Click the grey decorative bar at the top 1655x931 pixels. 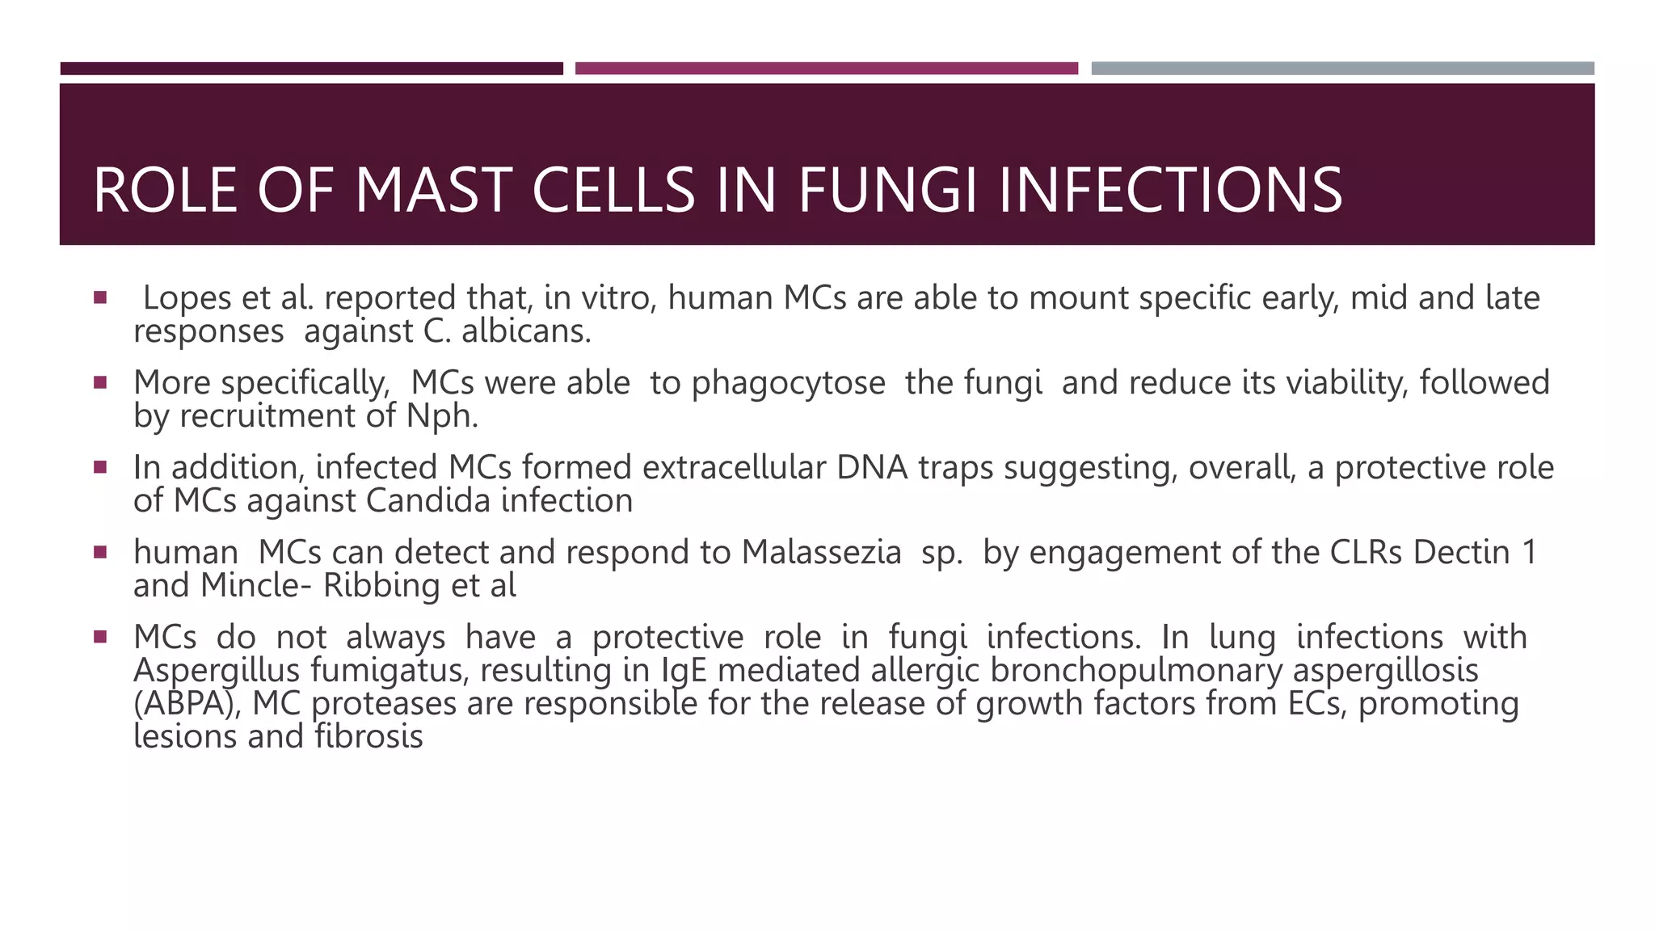tap(1342, 69)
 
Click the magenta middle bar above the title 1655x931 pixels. tap(826, 69)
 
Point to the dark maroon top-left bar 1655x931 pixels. tap(311, 69)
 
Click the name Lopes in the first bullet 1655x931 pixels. tap(187, 298)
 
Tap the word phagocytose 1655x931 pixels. tap(788, 383)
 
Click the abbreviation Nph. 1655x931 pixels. tap(443, 416)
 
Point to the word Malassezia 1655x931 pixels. tap(821, 553)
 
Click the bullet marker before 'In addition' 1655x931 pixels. tap(100, 467)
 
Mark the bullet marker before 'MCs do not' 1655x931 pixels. tap(100, 637)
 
